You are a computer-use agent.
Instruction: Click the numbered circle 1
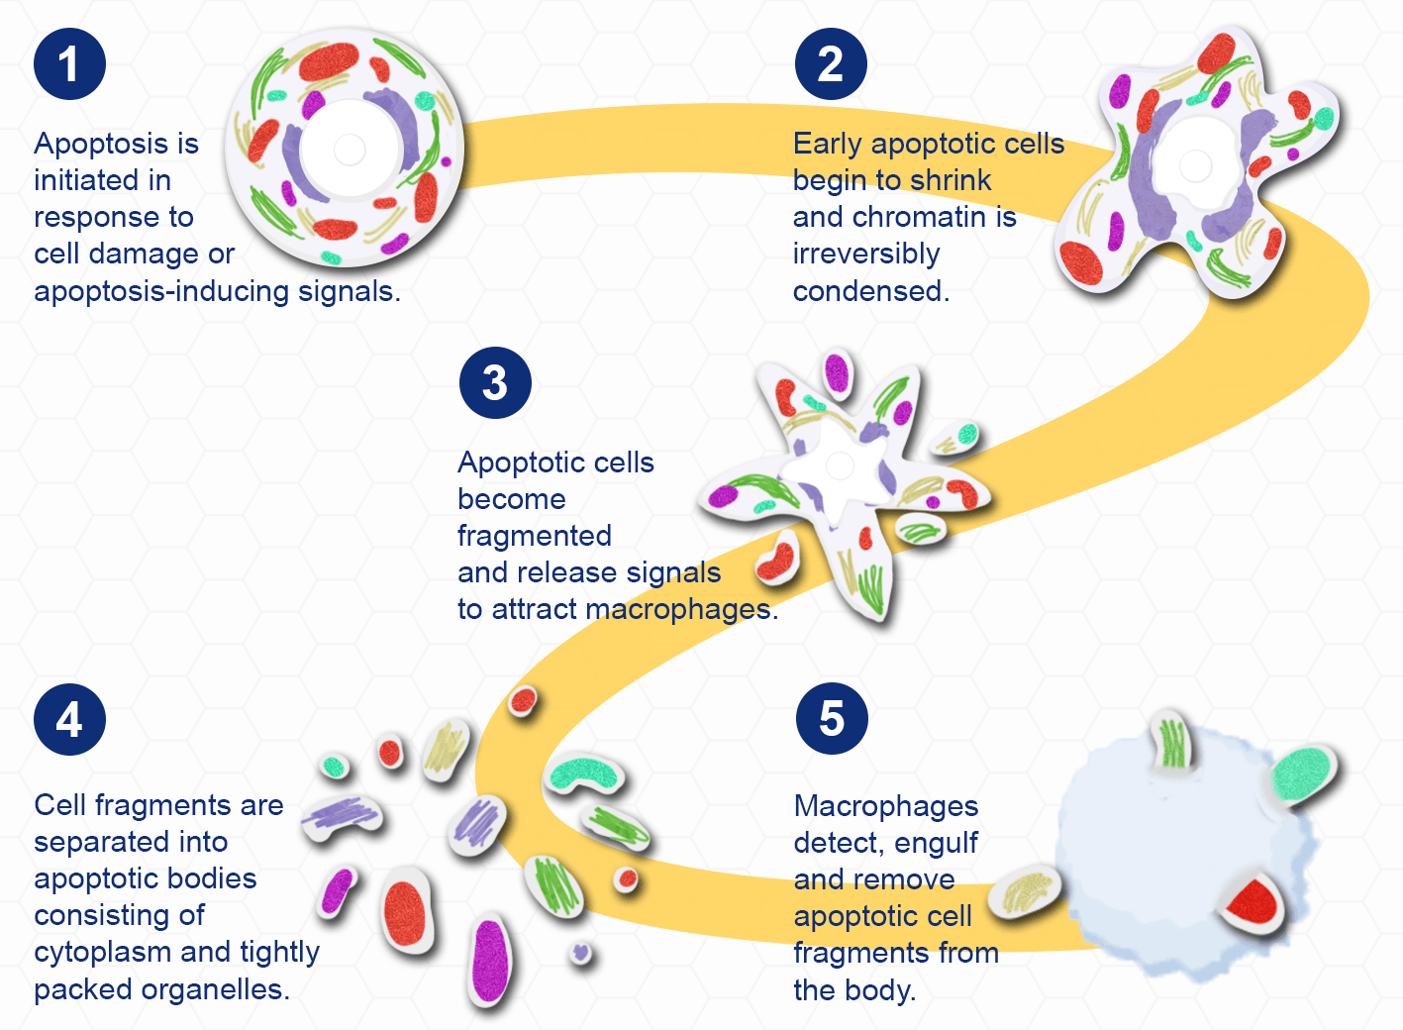[69, 64]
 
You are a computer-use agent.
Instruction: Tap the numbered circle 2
[831, 64]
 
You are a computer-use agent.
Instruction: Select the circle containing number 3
[495, 383]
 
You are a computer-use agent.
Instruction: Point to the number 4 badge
[69, 719]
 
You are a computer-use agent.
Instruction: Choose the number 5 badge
[832, 719]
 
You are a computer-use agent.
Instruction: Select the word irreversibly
[866, 255]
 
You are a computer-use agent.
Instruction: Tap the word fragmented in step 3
[535, 536]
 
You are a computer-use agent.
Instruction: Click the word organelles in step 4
[216, 990]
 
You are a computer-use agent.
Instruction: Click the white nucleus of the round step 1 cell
[350, 150]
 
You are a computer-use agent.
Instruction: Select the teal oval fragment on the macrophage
[1302, 774]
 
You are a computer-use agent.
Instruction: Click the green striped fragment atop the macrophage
[1172, 743]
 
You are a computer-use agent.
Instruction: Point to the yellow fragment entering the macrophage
[1027, 892]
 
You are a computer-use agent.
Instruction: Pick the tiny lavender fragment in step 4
[581, 953]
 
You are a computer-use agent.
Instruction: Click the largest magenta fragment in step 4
[490, 961]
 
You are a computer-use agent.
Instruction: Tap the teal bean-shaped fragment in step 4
[583, 774]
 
